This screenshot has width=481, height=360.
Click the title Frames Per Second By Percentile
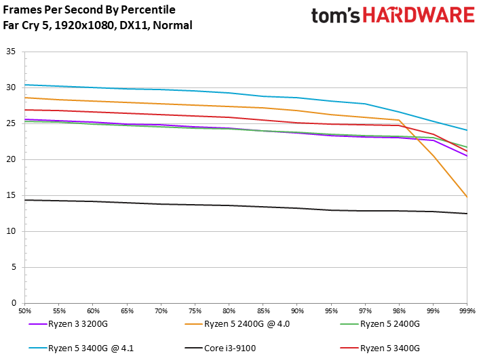(89, 10)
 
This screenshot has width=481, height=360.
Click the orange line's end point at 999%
(467, 197)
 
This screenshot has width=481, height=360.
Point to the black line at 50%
(26, 200)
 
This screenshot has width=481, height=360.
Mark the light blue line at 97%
(365, 104)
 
